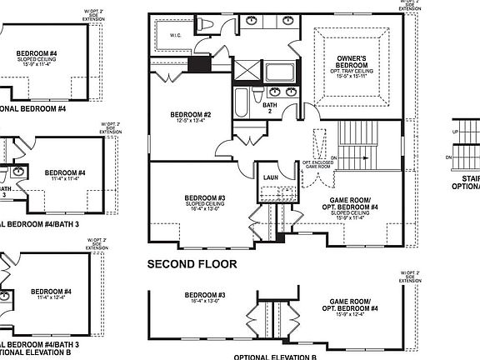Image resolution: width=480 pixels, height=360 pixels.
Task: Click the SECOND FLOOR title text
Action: [192, 264]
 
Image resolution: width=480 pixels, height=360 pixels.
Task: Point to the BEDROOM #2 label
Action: [191, 114]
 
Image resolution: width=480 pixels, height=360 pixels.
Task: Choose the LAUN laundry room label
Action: [271, 177]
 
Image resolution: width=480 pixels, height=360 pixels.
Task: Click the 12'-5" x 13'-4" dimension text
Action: [191, 122]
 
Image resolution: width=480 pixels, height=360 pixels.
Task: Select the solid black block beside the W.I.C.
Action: [199, 66]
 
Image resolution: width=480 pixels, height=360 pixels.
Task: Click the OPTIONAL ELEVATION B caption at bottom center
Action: [275, 356]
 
